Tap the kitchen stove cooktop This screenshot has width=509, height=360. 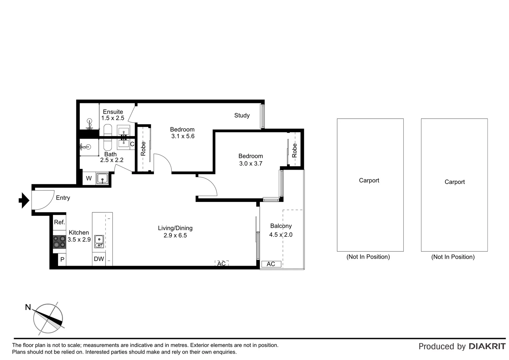pyautogui.click(x=59, y=242)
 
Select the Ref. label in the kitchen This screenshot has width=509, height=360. pyautogui.click(x=59, y=222)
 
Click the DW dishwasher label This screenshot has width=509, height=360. pyautogui.click(x=99, y=259)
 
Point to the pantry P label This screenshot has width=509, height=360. pyautogui.click(x=62, y=259)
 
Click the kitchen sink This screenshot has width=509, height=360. pyautogui.click(x=99, y=242)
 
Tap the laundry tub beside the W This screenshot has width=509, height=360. pyautogui.click(x=102, y=179)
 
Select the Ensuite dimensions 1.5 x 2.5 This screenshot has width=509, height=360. pyautogui.click(x=113, y=118)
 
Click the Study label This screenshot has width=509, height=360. pyautogui.click(x=242, y=115)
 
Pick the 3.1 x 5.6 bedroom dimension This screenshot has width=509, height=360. pyautogui.click(x=183, y=136)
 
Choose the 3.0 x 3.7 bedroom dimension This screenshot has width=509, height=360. pyautogui.click(x=251, y=163)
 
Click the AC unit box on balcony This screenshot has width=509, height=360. pyautogui.click(x=271, y=264)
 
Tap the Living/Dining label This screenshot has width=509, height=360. pyautogui.click(x=175, y=228)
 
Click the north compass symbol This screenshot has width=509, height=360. pyautogui.click(x=48, y=318)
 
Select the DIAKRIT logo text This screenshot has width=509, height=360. pyautogui.click(x=487, y=346)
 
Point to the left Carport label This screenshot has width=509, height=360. pyautogui.click(x=369, y=180)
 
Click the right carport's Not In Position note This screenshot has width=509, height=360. pyautogui.click(x=453, y=257)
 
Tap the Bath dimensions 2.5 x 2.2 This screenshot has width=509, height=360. pyautogui.click(x=112, y=160)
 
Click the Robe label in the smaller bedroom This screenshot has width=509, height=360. pyautogui.click(x=294, y=150)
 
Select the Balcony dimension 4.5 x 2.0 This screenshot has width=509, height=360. pyautogui.click(x=280, y=235)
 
